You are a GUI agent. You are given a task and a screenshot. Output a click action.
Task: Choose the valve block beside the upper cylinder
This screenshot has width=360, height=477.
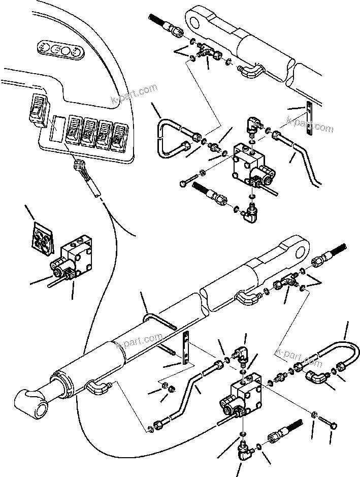pos(249,163)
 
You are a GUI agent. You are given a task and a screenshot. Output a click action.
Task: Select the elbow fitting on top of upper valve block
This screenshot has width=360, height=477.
pos(254,124)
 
